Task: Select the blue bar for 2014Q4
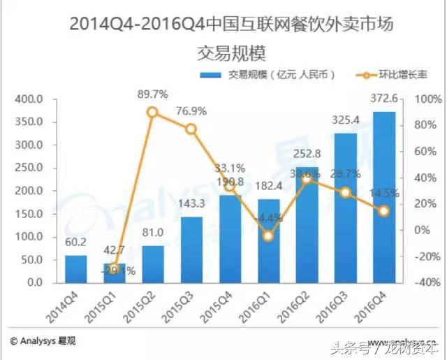tap(76, 270)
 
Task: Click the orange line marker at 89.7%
tap(152, 112)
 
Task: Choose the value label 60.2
tap(76, 244)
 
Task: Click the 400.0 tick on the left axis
tap(30, 99)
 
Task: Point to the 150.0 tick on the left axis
tap(30, 214)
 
